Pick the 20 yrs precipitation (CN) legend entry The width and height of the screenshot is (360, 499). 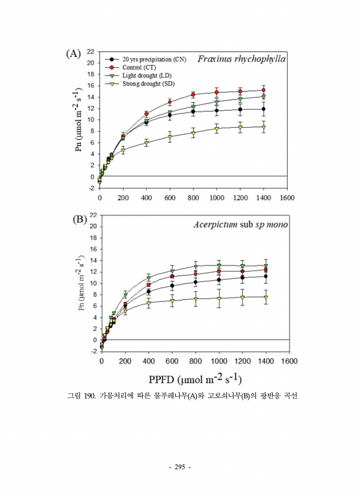point(154,59)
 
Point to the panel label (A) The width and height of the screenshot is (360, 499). point(73,54)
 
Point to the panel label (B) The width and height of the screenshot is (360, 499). point(80,219)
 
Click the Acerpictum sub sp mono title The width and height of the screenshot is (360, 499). point(241,225)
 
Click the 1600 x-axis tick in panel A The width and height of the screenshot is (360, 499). point(288,197)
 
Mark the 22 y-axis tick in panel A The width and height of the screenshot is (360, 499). point(91,52)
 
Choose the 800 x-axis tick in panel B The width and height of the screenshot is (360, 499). point(195,361)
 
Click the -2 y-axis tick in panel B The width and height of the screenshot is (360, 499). point(92,351)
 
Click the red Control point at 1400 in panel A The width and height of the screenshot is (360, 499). point(263,90)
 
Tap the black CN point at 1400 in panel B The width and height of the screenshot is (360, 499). point(266,276)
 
